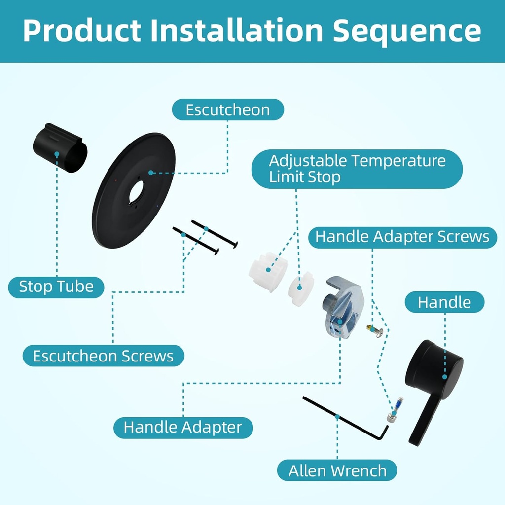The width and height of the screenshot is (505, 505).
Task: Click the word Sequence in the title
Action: pyautogui.click(x=407, y=31)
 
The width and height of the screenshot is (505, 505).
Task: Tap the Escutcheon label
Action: pyautogui.click(x=227, y=109)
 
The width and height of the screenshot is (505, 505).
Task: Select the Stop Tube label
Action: pyautogui.click(x=56, y=287)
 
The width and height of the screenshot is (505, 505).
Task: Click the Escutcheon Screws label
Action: pyautogui.click(x=103, y=356)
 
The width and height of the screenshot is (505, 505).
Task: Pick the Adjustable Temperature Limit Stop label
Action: pyautogui.click(x=357, y=169)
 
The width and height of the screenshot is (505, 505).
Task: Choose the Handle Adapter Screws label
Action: pyautogui.click(x=402, y=237)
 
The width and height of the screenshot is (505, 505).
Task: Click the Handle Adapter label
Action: pyautogui.click(x=183, y=427)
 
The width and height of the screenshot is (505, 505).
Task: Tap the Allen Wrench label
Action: pyautogui.click(x=337, y=470)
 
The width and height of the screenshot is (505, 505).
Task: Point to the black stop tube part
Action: pyautogui.click(x=60, y=148)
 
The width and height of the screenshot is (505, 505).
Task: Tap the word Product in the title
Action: pyautogui.click(x=82, y=31)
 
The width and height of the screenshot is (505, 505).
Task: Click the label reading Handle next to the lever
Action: pyautogui.click(x=444, y=302)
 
